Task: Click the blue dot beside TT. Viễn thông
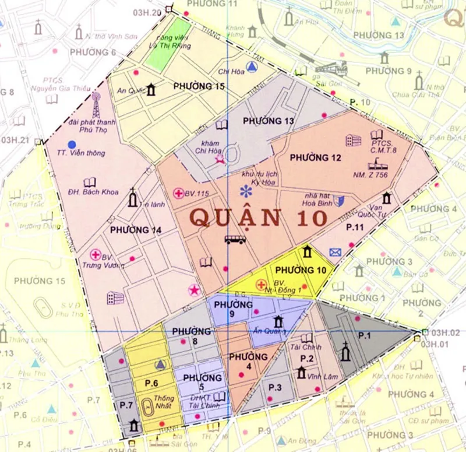pyautogui.click(x=71, y=144)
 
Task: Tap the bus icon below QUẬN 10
pyautogui.click(x=235, y=239)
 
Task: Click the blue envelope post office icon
pyautogui.click(x=335, y=252)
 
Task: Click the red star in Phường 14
pyautogui.click(x=193, y=289)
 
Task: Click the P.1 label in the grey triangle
pyautogui.click(x=364, y=336)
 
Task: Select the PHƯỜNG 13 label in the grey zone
pyautogui.click(x=269, y=121)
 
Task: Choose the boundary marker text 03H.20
pyautogui.click(x=146, y=13)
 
